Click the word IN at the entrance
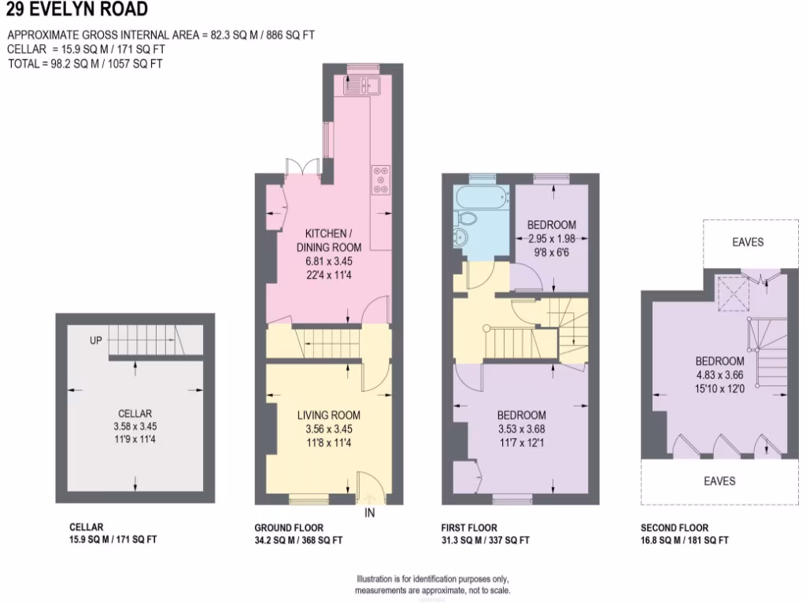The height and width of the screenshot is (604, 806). (x=370, y=514)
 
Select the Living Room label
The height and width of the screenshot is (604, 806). (x=328, y=415)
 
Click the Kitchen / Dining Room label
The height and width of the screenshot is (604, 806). (x=328, y=240)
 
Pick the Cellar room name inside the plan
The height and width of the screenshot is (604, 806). (x=135, y=414)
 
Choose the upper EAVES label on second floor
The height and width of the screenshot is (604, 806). (x=747, y=242)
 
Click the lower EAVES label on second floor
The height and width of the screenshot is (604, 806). (x=719, y=481)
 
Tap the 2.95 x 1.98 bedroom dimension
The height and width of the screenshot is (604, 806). (x=552, y=238)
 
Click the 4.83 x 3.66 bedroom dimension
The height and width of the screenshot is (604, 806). (x=719, y=374)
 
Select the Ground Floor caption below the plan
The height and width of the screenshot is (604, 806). (x=288, y=528)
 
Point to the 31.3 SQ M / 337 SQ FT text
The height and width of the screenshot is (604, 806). (x=485, y=540)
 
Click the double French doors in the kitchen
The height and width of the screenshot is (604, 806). (x=302, y=167)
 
